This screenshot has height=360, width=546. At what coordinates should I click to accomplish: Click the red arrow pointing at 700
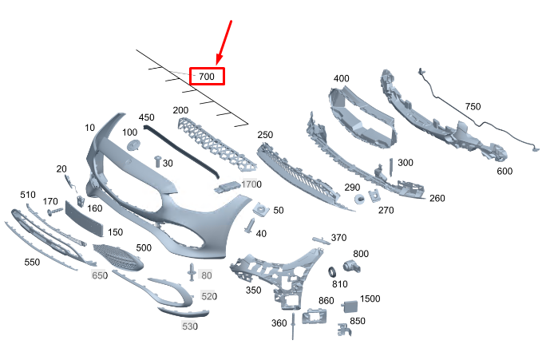[224, 42]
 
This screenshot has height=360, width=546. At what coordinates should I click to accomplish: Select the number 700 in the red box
[207, 77]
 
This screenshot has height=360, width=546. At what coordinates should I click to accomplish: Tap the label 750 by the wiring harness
[473, 106]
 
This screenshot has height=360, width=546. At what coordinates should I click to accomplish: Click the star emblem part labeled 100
[134, 145]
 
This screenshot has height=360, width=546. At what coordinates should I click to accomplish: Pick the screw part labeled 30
[158, 161]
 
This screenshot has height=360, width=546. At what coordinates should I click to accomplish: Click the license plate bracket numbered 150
[85, 219]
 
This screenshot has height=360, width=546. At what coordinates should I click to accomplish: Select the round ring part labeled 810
[332, 272]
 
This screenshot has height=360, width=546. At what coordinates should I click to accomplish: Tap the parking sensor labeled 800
[351, 267]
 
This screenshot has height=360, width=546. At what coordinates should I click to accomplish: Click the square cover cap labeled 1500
[350, 307]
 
